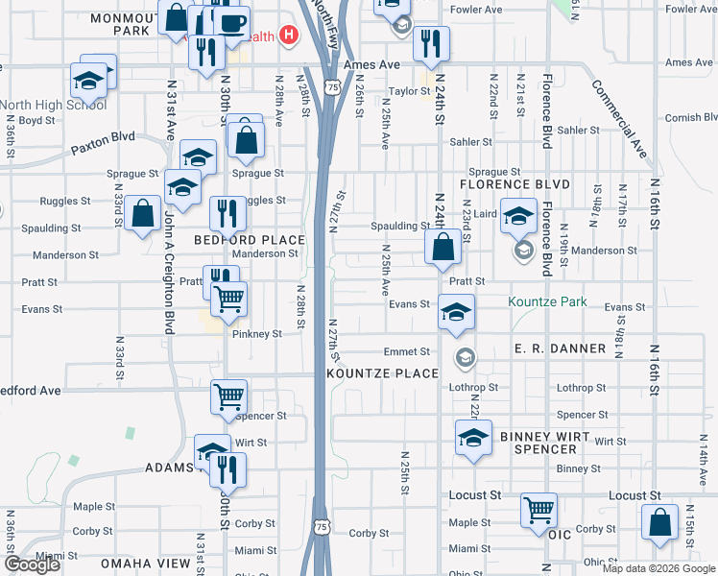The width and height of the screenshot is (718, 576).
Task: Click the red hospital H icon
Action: point(288,36)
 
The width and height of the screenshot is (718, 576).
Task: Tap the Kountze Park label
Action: point(547,301)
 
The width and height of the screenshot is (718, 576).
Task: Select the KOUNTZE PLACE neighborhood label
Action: point(383,372)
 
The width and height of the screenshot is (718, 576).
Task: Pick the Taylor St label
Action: point(408,92)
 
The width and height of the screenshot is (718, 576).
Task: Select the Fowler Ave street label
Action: point(476,10)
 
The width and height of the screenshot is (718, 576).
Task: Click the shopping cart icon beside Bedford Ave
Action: point(229,395)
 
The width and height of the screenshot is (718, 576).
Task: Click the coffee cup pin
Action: point(230,22)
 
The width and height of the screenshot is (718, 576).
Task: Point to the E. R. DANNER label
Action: point(560,348)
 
